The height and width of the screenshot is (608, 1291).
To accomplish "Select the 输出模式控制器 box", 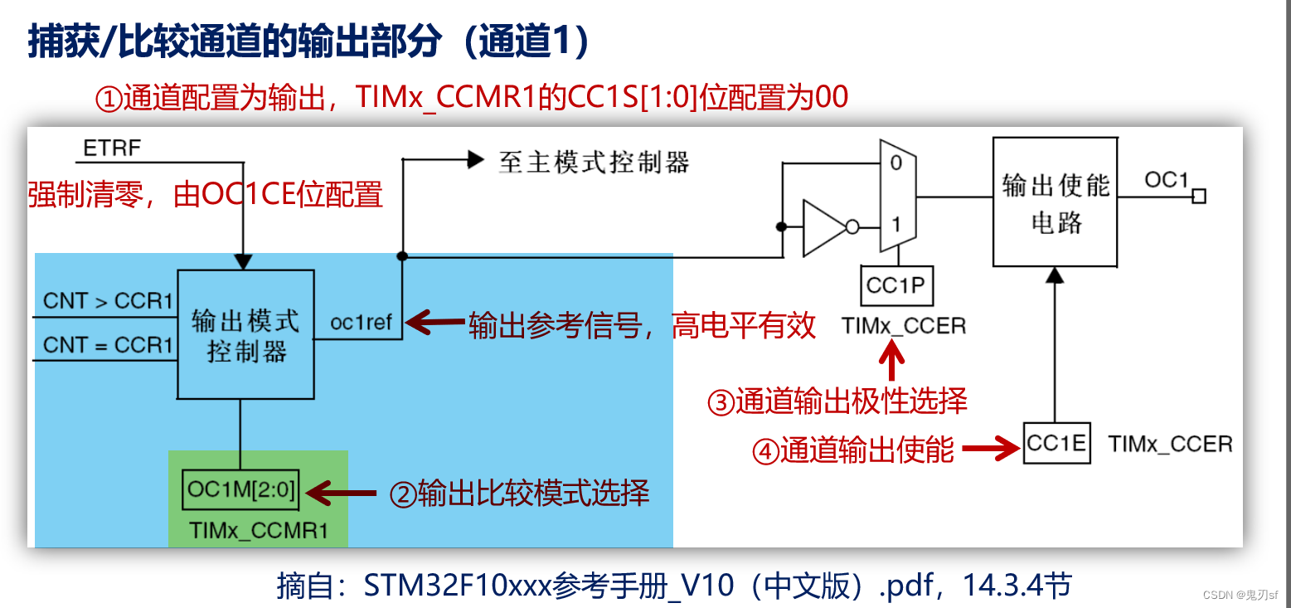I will point(245,334).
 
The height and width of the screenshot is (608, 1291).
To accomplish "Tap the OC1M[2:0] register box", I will point(240,490).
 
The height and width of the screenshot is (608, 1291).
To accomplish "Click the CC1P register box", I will point(895,286).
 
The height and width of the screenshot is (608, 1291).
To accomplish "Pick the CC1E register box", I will point(1056,444).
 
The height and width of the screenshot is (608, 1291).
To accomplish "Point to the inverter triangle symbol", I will point(824,226).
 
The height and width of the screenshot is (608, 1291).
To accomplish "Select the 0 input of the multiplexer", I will point(895,163).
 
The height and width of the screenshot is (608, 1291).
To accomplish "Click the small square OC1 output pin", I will point(1198,197).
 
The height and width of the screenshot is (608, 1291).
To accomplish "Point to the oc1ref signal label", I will point(360,323).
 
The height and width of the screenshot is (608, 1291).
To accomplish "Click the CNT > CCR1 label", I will point(108,301).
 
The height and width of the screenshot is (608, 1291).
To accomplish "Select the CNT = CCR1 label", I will point(108,345).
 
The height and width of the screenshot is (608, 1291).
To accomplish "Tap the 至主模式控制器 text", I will point(594,161).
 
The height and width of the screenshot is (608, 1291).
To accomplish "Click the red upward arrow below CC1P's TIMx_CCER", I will point(893,363).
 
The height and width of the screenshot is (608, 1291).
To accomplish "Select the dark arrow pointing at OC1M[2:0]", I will point(341,494).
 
